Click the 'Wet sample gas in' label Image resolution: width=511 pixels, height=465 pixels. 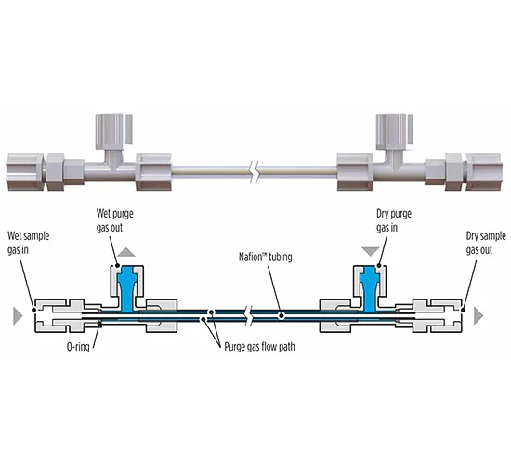click(x=29, y=243)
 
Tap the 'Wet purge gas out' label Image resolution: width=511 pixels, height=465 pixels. click(x=114, y=220)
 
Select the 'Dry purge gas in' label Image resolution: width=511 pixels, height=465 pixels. click(x=394, y=220)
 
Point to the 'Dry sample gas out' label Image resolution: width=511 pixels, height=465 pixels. click(x=486, y=243)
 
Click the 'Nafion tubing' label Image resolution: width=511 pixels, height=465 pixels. click(x=266, y=257)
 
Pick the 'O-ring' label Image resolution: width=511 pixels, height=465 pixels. click(x=78, y=347)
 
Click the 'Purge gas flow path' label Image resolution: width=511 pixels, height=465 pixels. click(x=259, y=347)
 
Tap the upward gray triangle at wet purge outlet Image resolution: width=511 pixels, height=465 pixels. click(x=126, y=252)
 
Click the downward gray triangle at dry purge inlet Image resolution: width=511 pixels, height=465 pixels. click(x=371, y=252)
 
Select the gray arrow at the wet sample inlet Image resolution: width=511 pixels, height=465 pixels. click(x=18, y=315)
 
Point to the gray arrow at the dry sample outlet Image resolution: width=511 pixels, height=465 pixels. click(x=478, y=315)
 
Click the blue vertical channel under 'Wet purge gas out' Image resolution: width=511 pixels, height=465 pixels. click(x=126, y=287)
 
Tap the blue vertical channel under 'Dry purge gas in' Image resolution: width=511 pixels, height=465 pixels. click(x=370, y=287)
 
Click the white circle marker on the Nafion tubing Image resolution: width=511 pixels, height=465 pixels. click(x=282, y=315)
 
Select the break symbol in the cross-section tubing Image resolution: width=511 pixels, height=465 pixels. click(x=251, y=315)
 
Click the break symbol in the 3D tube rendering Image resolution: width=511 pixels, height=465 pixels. click(x=255, y=172)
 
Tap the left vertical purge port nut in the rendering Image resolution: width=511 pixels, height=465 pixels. click(x=111, y=131)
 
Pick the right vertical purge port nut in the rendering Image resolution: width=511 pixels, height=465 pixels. click(x=394, y=131)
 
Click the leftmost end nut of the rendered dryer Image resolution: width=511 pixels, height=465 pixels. click(x=25, y=172)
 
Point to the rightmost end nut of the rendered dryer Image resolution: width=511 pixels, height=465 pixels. click(x=483, y=172)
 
